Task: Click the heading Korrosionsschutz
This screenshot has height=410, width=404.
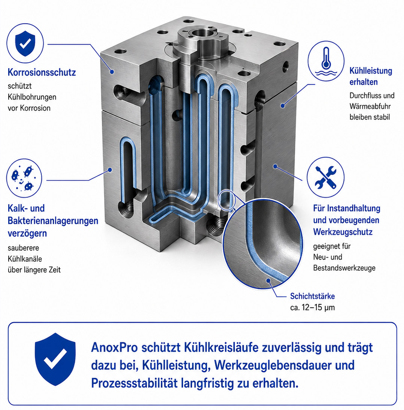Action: click(42, 72)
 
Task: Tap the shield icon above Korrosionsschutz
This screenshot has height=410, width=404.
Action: click(25, 43)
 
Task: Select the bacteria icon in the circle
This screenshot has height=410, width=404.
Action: click(24, 178)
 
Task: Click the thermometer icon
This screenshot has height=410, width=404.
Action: click(325, 61)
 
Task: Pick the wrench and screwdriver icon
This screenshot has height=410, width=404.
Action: click(325, 177)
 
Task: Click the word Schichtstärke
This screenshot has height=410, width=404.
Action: click(313, 296)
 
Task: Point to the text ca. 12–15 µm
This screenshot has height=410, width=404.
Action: click(313, 307)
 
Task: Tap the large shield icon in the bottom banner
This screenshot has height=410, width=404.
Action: click(55, 359)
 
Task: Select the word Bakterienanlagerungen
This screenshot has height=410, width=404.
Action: click(53, 221)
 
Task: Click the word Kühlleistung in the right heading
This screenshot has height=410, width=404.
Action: click(371, 71)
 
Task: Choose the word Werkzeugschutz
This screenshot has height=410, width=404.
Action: click(343, 232)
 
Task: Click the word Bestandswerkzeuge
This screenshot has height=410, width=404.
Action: click(344, 268)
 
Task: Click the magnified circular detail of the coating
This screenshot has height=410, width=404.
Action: click(263, 244)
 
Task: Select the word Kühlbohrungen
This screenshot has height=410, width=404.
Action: click(32, 97)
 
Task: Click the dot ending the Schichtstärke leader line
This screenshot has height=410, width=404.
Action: click(268, 280)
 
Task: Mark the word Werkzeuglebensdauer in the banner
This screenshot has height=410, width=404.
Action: click(273, 365)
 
